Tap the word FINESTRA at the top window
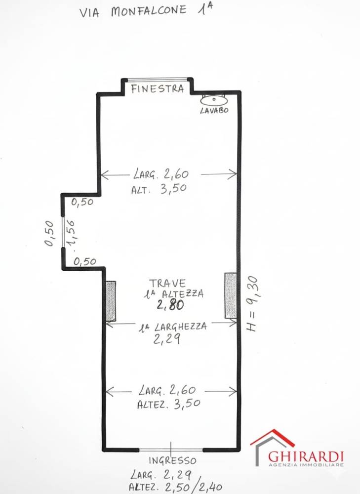pyautogui.click(x=158, y=88)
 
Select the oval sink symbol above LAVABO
pyautogui.click(x=214, y=100)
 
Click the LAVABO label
pyautogui.click(x=214, y=110)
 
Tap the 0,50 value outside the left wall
pyautogui.click(x=49, y=233)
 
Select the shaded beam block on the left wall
pyautogui.click(x=111, y=301)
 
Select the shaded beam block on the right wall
pyautogui.click(x=231, y=295)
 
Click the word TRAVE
pyautogui.click(x=167, y=283)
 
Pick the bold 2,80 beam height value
pyautogui.click(x=170, y=305)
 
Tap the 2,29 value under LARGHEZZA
pyautogui.click(x=166, y=339)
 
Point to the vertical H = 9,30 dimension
pyautogui.click(x=252, y=304)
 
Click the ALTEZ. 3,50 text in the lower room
pyautogui.click(x=168, y=404)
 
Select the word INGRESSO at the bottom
pyautogui.click(x=172, y=460)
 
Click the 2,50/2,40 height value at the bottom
pyautogui.click(x=194, y=487)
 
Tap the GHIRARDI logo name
pyautogui.click(x=306, y=456)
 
